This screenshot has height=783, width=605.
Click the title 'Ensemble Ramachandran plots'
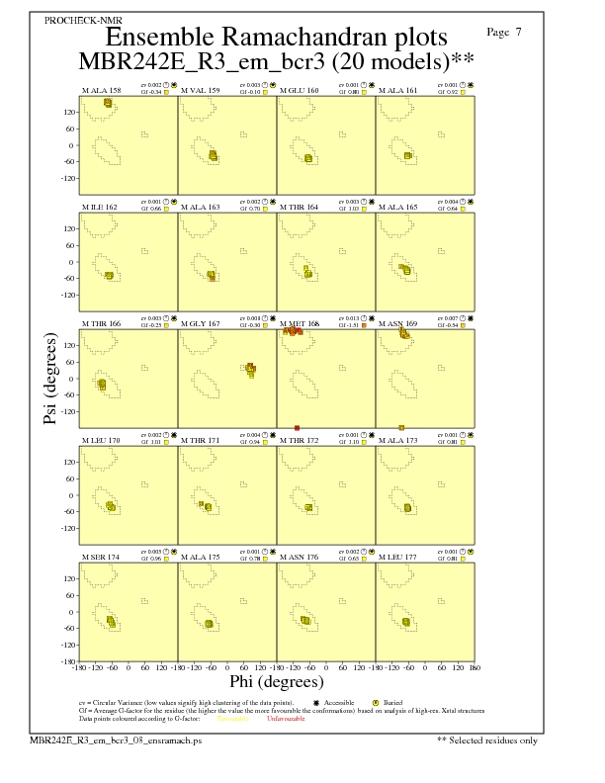tap(276, 38)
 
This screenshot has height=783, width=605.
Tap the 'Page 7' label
tap(505, 33)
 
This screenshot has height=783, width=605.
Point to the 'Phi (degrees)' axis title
tap(276, 681)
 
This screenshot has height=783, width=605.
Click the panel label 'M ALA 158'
tap(101, 90)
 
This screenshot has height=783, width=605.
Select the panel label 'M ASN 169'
tap(398, 322)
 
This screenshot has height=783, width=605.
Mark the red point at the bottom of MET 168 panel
tap(297, 427)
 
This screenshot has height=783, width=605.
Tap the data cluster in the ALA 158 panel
tap(107, 103)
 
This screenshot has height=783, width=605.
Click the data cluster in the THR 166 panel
tap(101, 384)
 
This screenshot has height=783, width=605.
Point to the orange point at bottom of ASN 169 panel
tap(401, 427)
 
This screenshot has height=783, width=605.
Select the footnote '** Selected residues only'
tap(487, 739)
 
